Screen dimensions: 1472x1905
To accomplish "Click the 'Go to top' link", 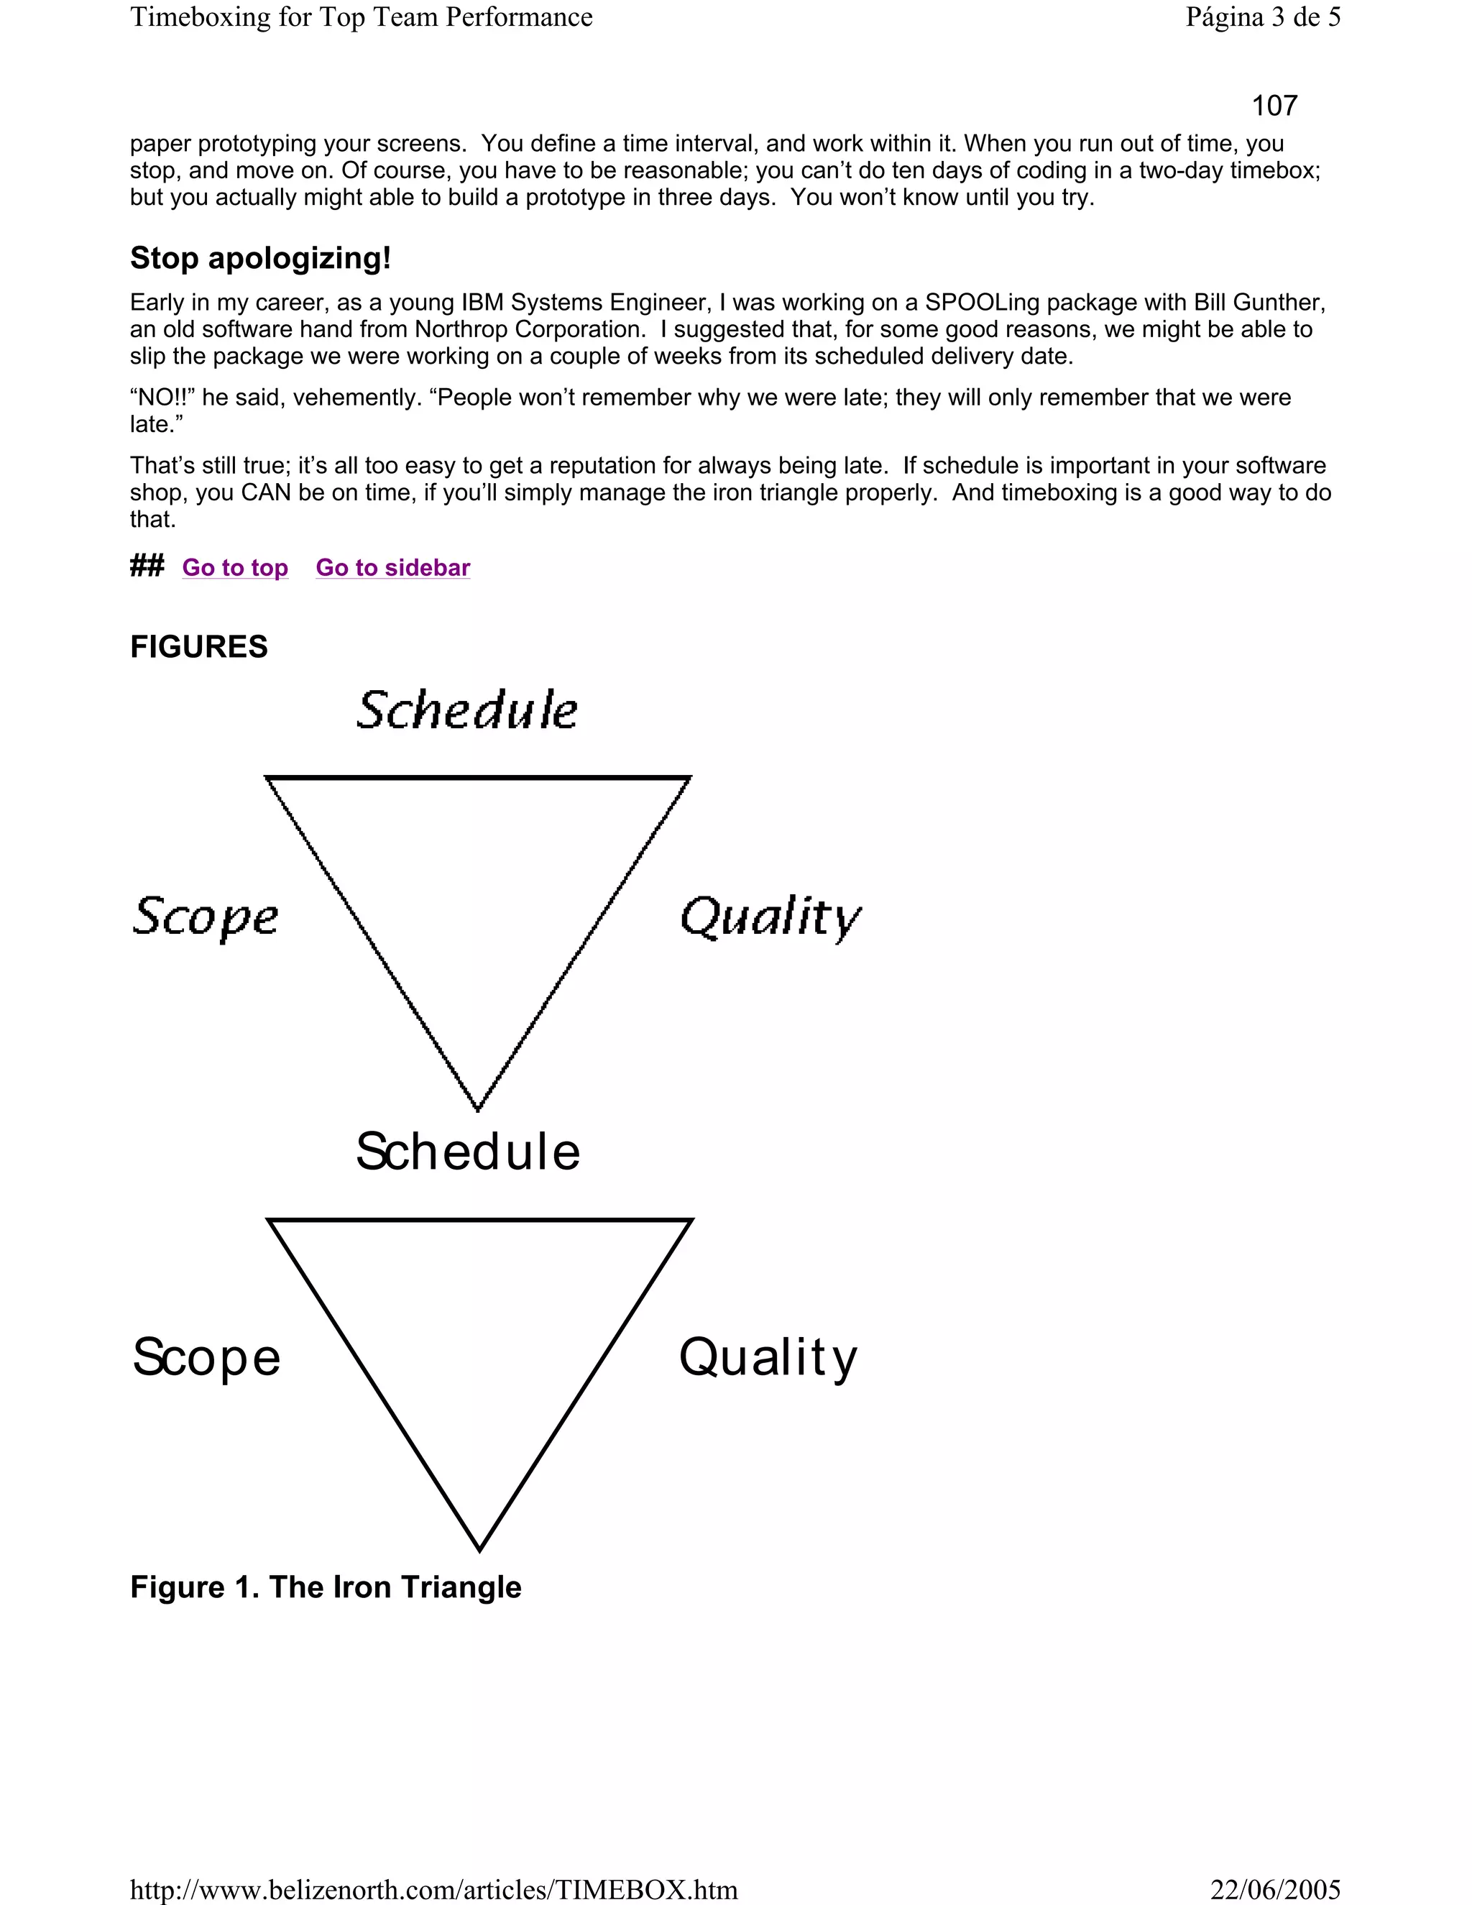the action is [234, 568].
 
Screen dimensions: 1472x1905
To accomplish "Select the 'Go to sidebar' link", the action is [392, 568].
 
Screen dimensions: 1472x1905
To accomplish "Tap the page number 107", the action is [1274, 106].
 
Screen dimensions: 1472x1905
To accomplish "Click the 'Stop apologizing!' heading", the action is [261, 258].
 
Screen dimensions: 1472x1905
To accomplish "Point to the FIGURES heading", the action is [199, 646].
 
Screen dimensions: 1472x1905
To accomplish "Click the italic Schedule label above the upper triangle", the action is [467, 710].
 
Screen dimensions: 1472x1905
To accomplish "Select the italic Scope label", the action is [206, 917].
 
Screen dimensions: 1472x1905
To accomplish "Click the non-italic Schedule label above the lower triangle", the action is [467, 1152].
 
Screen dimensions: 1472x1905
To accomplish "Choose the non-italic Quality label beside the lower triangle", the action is [768, 1358].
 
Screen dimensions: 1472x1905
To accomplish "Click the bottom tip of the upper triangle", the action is [478, 1108].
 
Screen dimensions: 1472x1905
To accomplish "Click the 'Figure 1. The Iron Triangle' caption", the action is [326, 1587].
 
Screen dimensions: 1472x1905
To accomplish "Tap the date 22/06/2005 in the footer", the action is [1276, 1889].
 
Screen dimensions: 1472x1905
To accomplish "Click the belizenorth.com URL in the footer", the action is [433, 1889].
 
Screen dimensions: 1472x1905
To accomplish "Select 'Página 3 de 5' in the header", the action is [1263, 17].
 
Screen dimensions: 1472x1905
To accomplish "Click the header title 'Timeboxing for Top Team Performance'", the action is [361, 17].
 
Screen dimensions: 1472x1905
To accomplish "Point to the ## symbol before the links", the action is [147, 567].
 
